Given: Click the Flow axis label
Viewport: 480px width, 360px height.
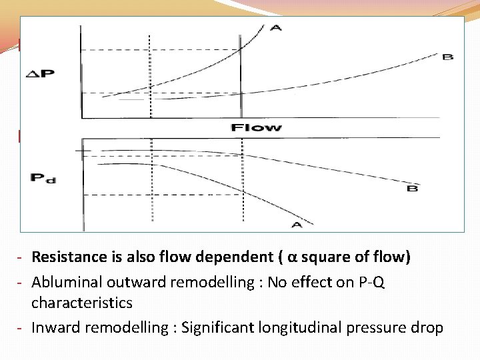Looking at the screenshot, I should click(257, 127).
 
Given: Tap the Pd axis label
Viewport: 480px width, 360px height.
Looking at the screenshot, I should click(43, 179).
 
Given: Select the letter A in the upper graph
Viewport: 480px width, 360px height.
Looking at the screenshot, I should click(275, 28).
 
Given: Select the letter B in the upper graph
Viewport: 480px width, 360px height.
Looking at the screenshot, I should click(447, 57).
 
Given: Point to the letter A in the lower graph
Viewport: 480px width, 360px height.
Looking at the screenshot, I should click(297, 225).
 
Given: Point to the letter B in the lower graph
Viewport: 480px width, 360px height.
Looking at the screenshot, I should click(412, 189).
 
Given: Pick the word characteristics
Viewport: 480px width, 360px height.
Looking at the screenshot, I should click(82, 303).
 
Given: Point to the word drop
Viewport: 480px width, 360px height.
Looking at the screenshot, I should click(427, 327).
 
